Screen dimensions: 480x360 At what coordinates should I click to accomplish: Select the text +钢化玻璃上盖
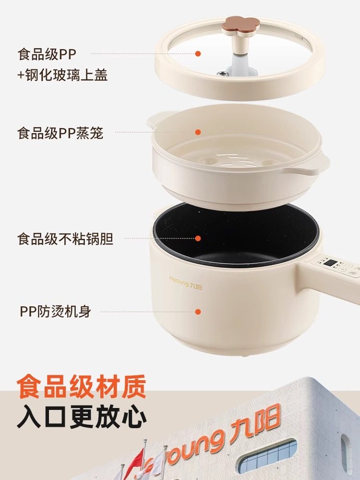point(62,75)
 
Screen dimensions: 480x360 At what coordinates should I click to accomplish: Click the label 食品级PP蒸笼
point(60,132)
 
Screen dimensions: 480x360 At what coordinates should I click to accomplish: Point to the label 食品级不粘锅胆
point(65,239)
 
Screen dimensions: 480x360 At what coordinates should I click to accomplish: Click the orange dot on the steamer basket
point(197,132)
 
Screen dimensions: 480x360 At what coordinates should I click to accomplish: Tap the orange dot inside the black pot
point(197,238)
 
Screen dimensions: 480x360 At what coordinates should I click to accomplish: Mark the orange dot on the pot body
point(197,312)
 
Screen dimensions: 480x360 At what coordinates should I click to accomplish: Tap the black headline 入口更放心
point(82,417)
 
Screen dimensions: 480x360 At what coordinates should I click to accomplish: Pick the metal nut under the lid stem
point(222,73)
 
